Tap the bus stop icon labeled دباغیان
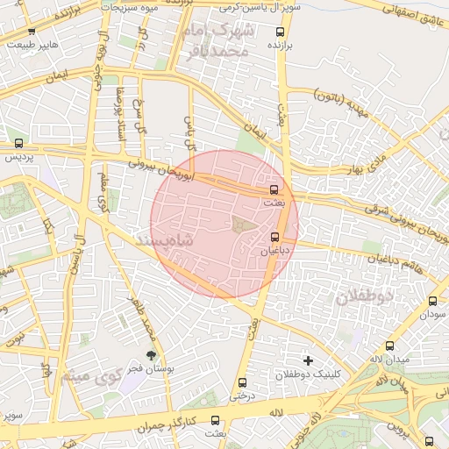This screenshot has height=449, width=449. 275,237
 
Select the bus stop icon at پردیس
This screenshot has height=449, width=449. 19,144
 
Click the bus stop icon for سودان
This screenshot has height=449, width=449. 432,301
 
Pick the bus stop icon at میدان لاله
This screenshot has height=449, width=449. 389,346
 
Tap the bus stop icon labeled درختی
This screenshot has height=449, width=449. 243,382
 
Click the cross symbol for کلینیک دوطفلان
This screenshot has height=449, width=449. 307,360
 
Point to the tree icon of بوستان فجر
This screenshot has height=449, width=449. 153,354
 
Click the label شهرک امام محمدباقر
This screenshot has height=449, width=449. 218,41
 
